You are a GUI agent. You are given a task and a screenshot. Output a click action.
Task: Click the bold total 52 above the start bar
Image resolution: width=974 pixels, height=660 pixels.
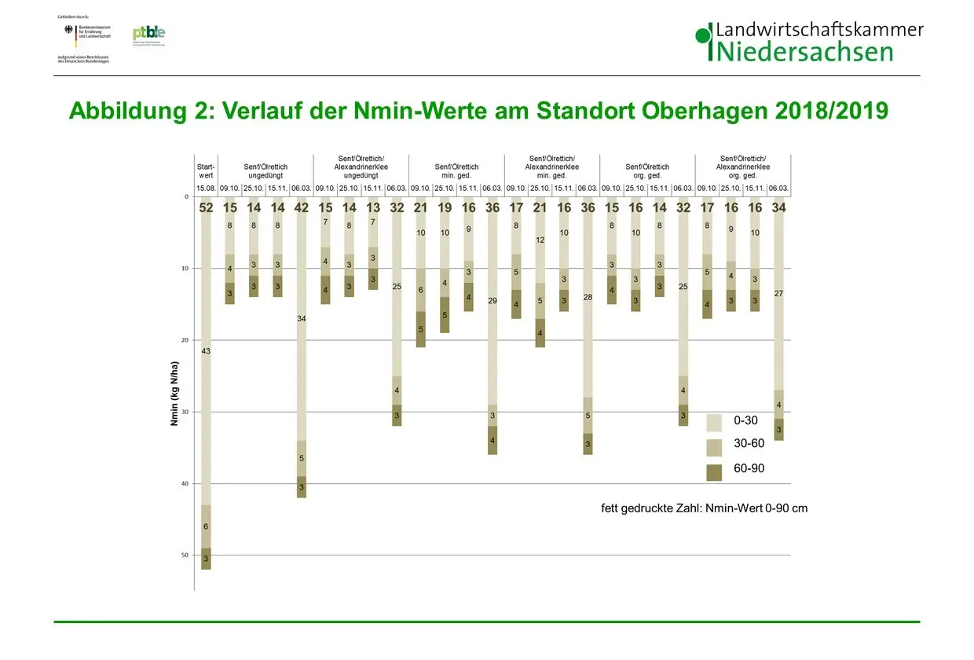(206, 208)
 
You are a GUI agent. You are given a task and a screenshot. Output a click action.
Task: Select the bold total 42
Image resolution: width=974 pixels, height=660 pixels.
(302, 208)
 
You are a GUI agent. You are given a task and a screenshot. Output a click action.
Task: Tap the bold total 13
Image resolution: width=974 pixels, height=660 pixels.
(373, 208)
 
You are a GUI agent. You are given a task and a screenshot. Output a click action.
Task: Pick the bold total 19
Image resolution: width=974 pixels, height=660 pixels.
(445, 208)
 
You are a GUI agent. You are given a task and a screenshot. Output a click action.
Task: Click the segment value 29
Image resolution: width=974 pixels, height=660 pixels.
(492, 301)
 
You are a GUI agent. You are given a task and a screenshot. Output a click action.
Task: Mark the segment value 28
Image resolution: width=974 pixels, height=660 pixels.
(588, 297)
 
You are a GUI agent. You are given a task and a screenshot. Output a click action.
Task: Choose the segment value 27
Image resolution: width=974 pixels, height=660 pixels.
(778, 293)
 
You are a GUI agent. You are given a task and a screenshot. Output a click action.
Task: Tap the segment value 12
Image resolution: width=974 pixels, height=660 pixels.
(540, 240)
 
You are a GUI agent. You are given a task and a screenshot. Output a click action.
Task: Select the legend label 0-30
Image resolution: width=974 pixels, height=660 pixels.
(745, 422)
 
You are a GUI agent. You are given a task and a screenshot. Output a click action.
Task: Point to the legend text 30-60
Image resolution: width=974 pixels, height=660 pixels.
(749, 444)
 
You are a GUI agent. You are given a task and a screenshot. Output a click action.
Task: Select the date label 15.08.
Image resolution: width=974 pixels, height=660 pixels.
(206, 189)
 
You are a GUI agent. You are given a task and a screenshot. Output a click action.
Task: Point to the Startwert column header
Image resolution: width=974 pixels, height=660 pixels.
(206, 170)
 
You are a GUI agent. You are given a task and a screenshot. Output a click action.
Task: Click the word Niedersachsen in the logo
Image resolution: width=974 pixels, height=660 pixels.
(805, 52)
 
